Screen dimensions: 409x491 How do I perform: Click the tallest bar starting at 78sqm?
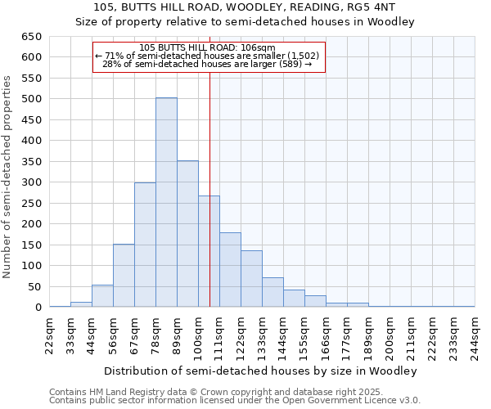(166, 203)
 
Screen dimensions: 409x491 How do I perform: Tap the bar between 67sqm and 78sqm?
(145, 245)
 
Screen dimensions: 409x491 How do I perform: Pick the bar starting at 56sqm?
(124, 276)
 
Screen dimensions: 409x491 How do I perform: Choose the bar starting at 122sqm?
(251, 279)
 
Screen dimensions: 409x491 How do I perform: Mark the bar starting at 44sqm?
(102, 296)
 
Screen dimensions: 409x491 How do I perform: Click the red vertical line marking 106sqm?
(210, 188)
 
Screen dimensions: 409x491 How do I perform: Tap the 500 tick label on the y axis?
(30, 99)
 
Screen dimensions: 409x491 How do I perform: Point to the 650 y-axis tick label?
(30, 37)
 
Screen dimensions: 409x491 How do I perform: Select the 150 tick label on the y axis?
(30, 245)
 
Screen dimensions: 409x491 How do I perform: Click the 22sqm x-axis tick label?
(50, 333)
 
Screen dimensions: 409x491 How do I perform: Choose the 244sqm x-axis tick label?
(475, 333)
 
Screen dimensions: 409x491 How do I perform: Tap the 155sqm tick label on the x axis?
(304, 333)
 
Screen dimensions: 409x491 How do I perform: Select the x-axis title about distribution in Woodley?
(260, 371)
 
